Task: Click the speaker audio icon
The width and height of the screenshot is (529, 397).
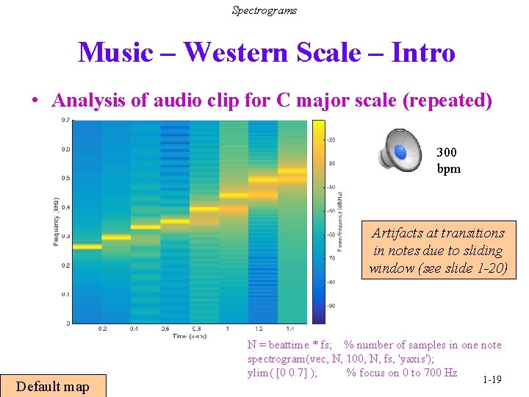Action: [401, 149]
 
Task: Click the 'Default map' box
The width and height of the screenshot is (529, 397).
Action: [53, 387]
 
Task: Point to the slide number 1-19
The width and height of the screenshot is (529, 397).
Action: [492, 379]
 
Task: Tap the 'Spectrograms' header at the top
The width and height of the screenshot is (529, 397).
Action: [264, 10]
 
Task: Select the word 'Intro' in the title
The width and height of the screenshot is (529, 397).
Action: [423, 53]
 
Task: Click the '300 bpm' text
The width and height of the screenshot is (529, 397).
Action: [447, 160]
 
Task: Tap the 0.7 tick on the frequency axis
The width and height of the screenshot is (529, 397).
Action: [66, 120]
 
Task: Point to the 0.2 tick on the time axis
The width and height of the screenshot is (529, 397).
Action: [101, 329]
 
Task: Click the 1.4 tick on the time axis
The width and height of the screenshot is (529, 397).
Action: [292, 329]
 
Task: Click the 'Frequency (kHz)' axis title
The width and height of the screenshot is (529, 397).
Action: [56, 221]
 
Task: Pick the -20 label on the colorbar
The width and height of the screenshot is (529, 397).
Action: [331, 140]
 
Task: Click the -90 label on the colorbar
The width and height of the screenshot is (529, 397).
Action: [331, 305]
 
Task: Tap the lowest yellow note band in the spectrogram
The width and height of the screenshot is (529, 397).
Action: [87, 247]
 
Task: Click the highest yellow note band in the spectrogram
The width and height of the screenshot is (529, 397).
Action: [292, 171]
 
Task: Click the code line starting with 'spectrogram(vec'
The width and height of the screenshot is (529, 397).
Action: [340, 359]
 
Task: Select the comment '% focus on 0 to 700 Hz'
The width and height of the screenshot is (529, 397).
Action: [401, 373]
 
